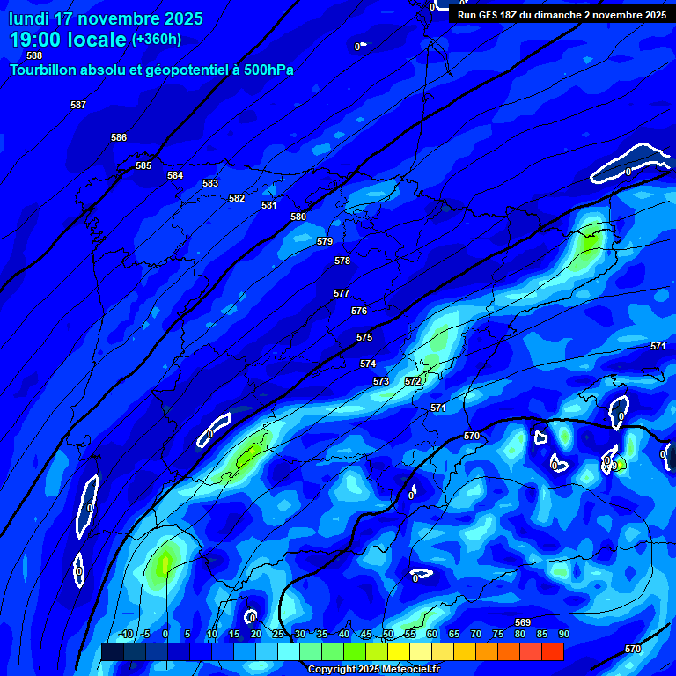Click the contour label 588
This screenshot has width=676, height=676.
point(34,55)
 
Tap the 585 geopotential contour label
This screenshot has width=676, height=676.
point(143,165)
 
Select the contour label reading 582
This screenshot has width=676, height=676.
point(237,198)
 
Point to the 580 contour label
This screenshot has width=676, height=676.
point(298,217)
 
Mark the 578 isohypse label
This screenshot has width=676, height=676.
point(342,261)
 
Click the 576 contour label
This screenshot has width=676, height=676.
point(359,311)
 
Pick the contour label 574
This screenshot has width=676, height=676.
point(368,364)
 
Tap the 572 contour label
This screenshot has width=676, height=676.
point(413,381)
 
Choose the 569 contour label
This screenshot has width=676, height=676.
point(523,622)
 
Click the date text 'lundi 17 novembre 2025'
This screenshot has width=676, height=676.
point(106,18)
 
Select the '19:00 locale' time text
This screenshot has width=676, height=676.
point(68,40)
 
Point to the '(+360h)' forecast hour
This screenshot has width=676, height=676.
point(157,40)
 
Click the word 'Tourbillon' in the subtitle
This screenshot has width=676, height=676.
point(45,70)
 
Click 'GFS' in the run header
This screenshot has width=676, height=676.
point(491,15)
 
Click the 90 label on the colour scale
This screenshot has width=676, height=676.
point(563,634)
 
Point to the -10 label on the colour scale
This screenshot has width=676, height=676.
point(125,634)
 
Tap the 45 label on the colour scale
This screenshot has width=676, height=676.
point(365,634)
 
